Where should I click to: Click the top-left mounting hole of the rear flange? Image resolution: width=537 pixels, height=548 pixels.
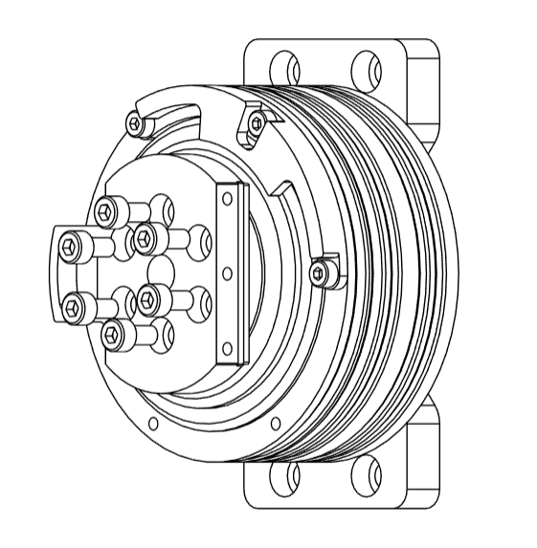click(281, 68)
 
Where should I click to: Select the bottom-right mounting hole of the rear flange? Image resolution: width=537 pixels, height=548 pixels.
click(364, 475)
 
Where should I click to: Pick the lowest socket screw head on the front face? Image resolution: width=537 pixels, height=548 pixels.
click(112, 333)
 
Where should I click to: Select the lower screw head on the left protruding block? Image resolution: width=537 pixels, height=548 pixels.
click(72, 307)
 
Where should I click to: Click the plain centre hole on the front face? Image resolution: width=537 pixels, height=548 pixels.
click(160, 267)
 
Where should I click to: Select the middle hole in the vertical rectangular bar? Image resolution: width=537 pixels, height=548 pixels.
click(227, 274)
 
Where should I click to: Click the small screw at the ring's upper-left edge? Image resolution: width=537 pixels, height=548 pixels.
click(136, 122)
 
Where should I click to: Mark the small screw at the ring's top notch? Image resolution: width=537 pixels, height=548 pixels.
click(255, 121)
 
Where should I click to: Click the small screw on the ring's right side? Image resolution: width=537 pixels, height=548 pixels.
click(320, 274)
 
